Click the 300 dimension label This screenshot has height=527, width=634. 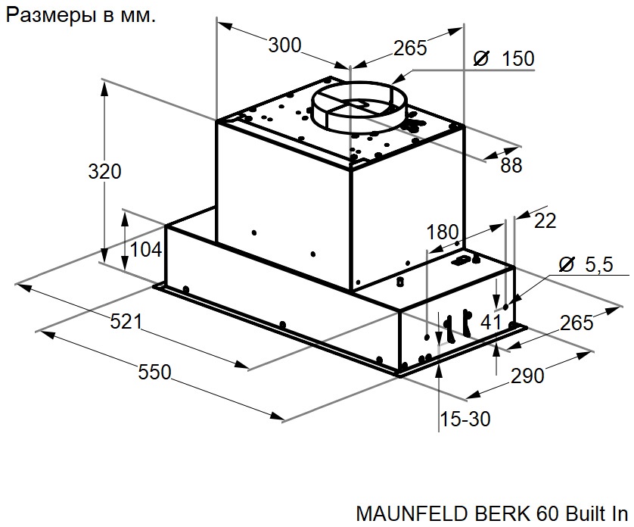(284, 45)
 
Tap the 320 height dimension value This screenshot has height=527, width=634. (104, 172)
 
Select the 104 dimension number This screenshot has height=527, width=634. (147, 249)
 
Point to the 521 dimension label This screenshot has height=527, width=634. (126, 321)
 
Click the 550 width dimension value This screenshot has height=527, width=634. (155, 372)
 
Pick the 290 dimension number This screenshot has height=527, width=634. (527, 375)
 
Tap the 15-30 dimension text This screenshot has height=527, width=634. (465, 419)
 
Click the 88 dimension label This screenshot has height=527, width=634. (511, 166)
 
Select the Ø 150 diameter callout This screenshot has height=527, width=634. (503, 59)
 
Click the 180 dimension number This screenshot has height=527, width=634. (443, 232)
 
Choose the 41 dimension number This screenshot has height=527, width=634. (491, 321)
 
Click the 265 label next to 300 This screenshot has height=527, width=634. (410, 48)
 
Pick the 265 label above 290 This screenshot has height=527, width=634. (577, 323)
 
